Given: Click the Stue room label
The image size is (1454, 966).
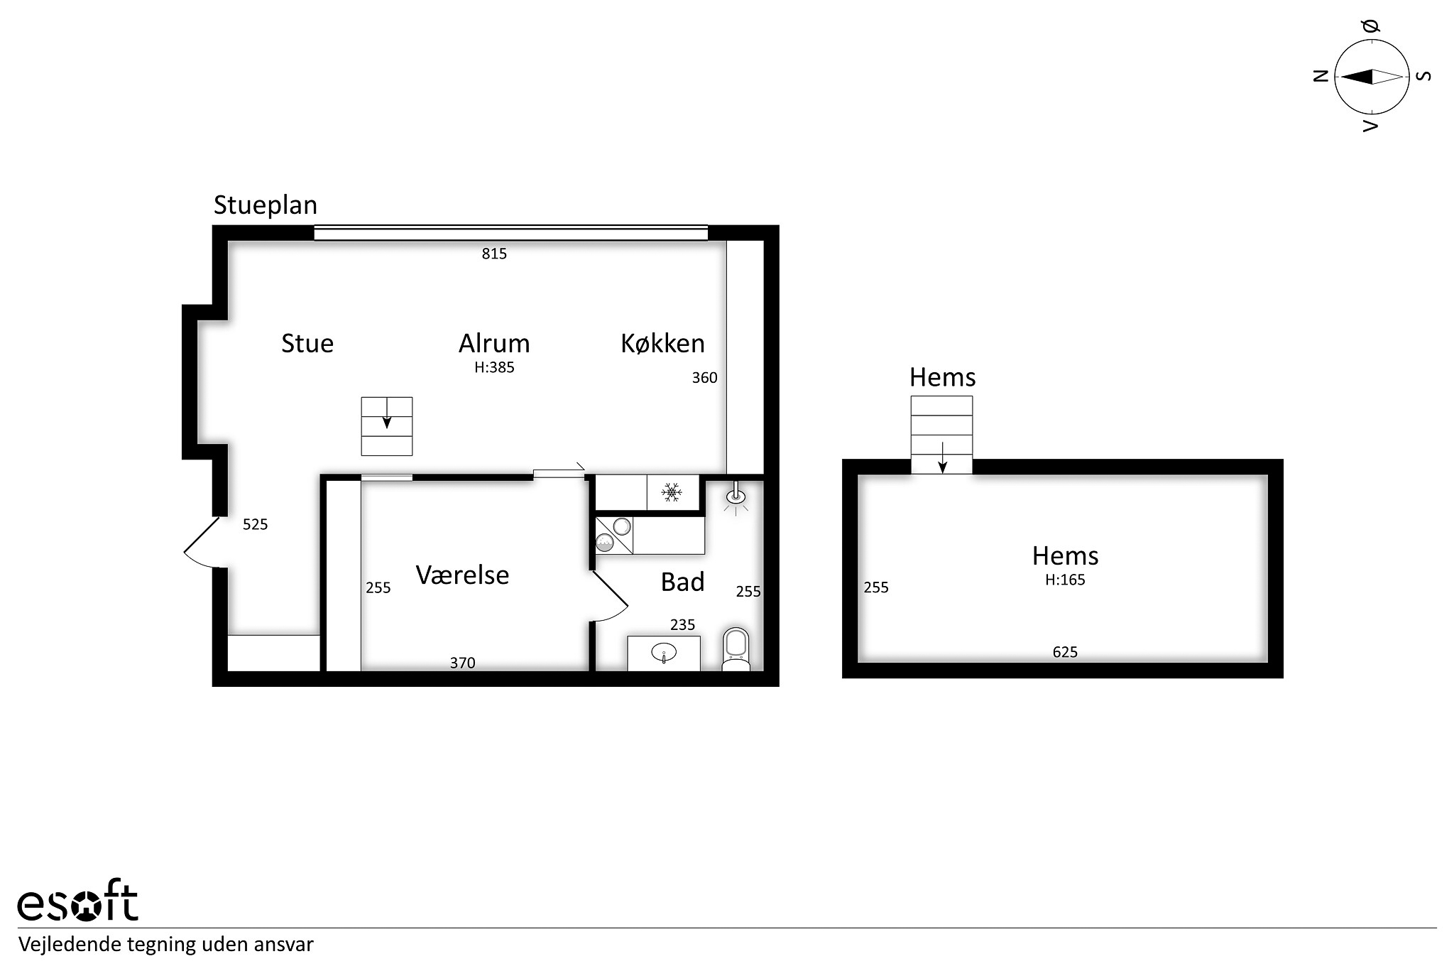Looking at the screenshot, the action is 307,344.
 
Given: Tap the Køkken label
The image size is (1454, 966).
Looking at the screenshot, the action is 662,344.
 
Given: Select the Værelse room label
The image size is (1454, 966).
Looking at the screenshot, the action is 462,575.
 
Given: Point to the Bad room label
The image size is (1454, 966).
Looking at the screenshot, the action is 682,582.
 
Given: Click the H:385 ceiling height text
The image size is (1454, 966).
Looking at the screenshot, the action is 494,367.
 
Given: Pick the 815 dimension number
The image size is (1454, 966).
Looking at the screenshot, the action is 494,254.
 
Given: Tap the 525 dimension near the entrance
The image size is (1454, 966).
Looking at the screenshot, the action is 255,524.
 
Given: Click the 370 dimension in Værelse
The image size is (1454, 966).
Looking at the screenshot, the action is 462,663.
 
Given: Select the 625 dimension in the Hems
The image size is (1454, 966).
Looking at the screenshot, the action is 1065,652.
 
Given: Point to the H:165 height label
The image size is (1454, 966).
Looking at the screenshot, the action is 1065,580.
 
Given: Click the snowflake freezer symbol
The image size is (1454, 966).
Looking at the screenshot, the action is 672,492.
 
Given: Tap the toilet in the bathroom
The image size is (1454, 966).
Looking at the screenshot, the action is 736,649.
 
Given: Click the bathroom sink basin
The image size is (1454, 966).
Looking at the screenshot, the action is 664,651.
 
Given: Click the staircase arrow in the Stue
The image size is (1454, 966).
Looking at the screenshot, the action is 387,413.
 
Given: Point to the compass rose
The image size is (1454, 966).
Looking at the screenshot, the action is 1372,77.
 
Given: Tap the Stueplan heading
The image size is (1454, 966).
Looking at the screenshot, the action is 266,205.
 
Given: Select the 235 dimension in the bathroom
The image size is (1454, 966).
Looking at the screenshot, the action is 682,624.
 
